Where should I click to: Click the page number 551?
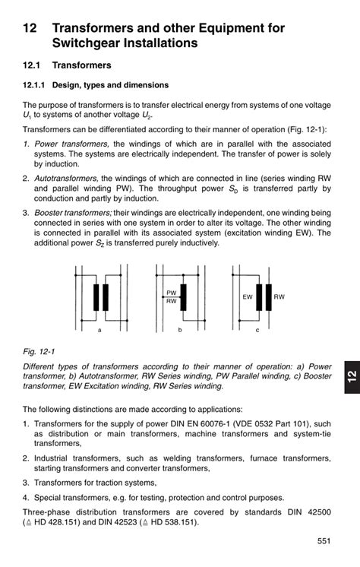click(x=324, y=541)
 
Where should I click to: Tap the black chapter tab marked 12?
click(x=352, y=376)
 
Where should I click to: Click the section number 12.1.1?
click(x=33, y=85)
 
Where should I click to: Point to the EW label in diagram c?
click(x=248, y=297)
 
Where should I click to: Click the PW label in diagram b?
click(x=172, y=293)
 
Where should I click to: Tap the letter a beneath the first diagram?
click(x=99, y=330)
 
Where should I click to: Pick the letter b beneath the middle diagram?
click(x=180, y=330)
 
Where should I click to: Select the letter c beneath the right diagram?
click(x=257, y=330)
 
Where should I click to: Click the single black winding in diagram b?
click(x=183, y=297)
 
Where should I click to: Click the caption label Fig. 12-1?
click(x=39, y=351)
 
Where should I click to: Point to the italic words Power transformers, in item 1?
click(x=71, y=144)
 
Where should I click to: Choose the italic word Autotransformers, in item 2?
click(x=66, y=179)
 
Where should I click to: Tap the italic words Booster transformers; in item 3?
click(x=74, y=213)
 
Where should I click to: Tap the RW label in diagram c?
click(x=279, y=297)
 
